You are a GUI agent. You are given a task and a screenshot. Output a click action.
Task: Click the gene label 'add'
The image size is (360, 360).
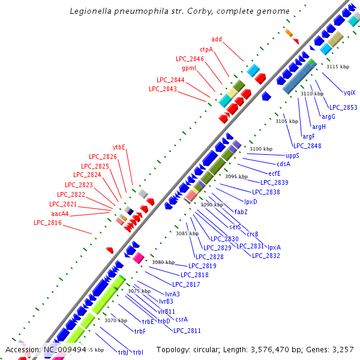[x=217, y=40]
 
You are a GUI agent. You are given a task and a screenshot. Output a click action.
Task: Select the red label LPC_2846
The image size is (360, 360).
[x=190, y=59]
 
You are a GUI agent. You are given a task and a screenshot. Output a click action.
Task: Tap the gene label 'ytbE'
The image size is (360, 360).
[x=119, y=147]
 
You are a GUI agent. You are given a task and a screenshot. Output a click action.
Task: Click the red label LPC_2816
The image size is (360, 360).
[x=47, y=223]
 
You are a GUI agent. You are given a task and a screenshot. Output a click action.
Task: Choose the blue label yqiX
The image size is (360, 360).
[x=349, y=93]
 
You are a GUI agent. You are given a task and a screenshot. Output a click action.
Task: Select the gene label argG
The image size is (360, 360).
[x=328, y=116]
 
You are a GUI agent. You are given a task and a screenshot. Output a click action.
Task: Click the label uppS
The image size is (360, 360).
[x=292, y=155]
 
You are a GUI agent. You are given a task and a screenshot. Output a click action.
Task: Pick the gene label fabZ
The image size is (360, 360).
[x=241, y=212]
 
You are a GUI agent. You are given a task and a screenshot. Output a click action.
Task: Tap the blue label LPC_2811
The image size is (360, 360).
[x=187, y=331]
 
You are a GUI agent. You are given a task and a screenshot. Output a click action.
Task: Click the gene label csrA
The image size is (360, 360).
[x=181, y=319]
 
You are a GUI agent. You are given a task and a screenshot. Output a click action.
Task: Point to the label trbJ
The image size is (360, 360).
[x=123, y=352]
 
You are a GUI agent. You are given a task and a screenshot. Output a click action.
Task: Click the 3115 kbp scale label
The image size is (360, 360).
[x=337, y=67]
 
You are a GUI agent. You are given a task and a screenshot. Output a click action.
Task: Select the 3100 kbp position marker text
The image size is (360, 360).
[x=261, y=149]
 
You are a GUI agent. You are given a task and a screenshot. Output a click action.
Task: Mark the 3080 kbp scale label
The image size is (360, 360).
[x=163, y=262]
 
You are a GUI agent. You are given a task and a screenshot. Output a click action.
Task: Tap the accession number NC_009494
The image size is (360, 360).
[x=65, y=349]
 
